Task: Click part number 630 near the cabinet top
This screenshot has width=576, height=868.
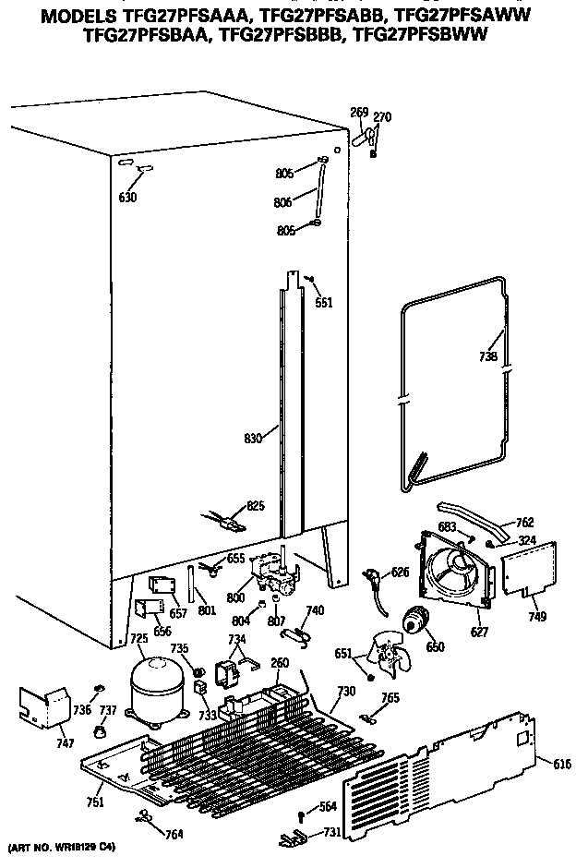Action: click(x=127, y=197)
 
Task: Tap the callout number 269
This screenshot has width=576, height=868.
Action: click(x=359, y=113)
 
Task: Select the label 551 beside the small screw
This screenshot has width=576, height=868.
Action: click(x=323, y=302)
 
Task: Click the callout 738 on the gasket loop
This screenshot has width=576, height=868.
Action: click(x=488, y=356)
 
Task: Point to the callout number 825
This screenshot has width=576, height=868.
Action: click(x=255, y=506)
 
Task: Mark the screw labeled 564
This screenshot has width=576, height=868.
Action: click(x=303, y=813)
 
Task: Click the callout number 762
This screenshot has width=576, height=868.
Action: click(x=523, y=523)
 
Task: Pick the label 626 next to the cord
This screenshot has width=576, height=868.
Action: click(x=400, y=573)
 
